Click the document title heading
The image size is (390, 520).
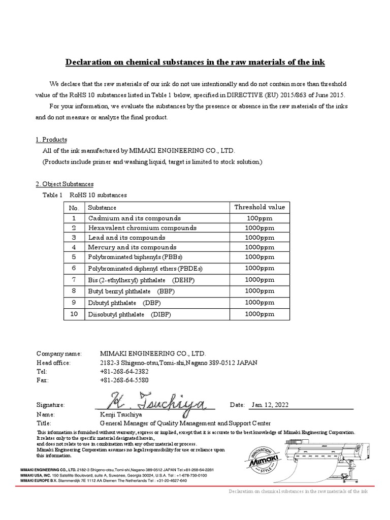click(x=195, y=62)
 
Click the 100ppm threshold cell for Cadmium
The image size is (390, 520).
click(x=259, y=218)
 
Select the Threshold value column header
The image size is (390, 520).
click(x=259, y=207)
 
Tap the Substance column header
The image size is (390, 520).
click(x=102, y=208)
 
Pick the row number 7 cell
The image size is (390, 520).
click(x=74, y=280)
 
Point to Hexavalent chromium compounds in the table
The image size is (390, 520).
click(x=142, y=228)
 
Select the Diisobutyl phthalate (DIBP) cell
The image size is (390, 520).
click(x=129, y=314)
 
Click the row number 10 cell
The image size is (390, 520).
click(x=74, y=314)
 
